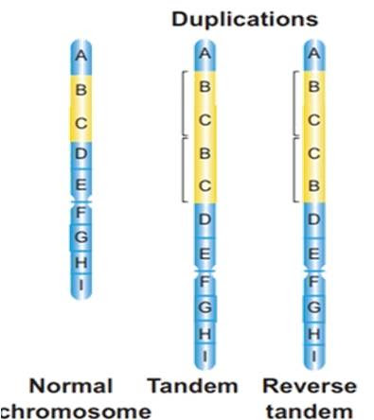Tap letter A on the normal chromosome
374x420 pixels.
(81, 57)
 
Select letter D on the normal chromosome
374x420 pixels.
(81, 154)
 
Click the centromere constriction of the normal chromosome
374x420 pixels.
(81, 201)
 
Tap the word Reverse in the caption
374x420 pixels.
(311, 387)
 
